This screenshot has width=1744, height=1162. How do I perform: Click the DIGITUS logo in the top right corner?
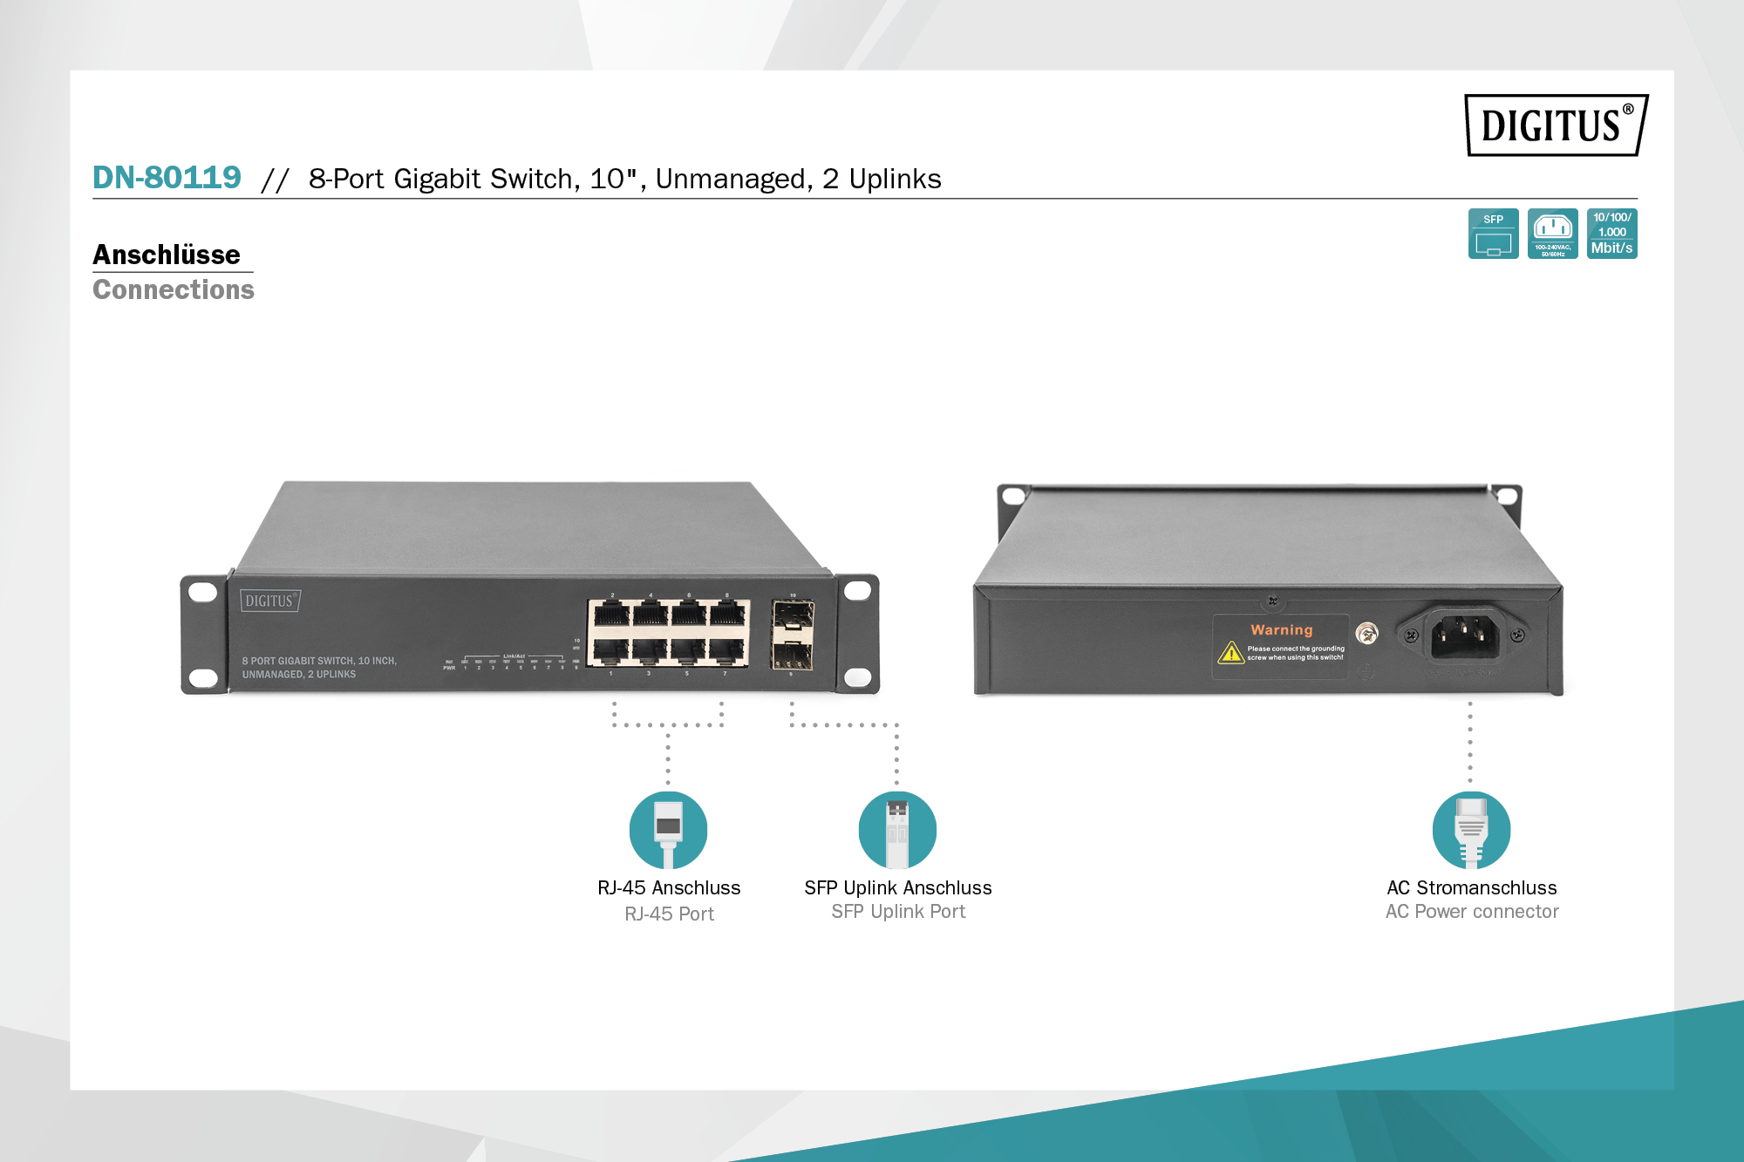pyautogui.click(x=1555, y=126)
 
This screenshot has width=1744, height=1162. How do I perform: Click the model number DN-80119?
pyautogui.click(x=167, y=178)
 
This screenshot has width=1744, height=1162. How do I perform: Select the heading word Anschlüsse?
pyautogui.click(x=167, y=255)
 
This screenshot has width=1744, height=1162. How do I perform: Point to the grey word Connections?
pyautogui.click(x=174, y=289)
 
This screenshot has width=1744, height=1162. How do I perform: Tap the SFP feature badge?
pyautogui.click(x=1493, y=234)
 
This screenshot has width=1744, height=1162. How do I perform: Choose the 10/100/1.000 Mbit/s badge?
pyautogui.click(x=1611, y=234)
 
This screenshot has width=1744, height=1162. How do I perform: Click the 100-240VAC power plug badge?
pyautogui.click(x=1552, y=234)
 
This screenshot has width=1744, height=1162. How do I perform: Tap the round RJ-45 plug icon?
pyautogui.click(x=668, y=830)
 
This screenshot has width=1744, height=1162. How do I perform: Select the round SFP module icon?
pyautogui.click(x=897, y=830)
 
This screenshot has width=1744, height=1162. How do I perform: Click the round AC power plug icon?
pyautogui.click(x=1471, y=830)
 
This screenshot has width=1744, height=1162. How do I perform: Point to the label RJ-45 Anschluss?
pyautogui.click(x=669, y=887)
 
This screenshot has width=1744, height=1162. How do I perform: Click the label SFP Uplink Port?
pyautogui.click(x=898, y=912)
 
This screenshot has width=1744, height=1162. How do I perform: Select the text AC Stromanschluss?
pyautogui.click(x=1472, y=887)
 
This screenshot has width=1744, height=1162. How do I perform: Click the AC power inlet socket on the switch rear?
pyautogui.click(x=1464, y=635)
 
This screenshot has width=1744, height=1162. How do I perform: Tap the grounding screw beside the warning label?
pyautogui.click(x=1367, y=634)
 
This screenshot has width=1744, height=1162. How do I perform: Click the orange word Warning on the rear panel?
pyautogui.click(x=1281, y=629)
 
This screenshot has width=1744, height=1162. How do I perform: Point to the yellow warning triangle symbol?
pyautogui.click(x=1230, y=652)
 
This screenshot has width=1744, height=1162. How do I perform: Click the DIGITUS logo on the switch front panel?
pyautogui.click(x=269, y=601)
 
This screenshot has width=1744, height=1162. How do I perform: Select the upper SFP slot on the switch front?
pyautogui.click(x=793, y=618)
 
